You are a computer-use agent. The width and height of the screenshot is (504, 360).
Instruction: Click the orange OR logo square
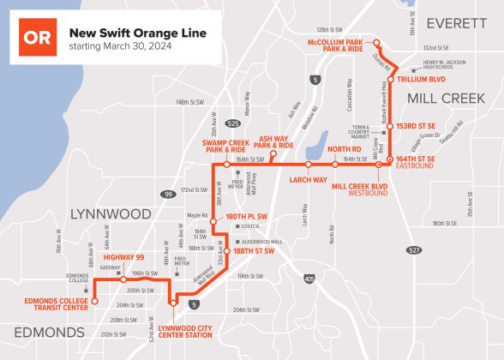pos(38,38)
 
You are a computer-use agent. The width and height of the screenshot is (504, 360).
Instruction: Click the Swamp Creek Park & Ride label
pos(225,146)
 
